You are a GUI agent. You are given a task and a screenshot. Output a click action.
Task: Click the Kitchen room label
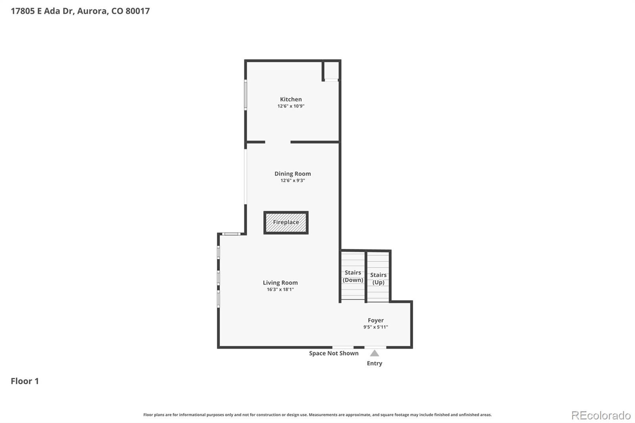tap(291, 99)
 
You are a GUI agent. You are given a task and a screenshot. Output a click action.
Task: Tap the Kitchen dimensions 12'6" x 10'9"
tap(291, 106)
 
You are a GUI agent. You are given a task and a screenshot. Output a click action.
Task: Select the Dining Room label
tap(292, 173)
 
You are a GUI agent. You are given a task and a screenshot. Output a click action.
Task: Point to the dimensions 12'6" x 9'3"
tap(292, 180)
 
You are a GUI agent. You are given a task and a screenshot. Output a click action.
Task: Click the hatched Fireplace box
tap(286, 223)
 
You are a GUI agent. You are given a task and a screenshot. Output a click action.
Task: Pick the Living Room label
tap(280, 283)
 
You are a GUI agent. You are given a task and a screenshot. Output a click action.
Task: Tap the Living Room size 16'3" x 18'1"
tap(280, 289)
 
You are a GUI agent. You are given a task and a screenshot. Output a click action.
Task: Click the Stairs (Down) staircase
tap(353, 275)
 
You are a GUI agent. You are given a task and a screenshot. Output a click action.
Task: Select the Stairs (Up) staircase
tap(378, 277)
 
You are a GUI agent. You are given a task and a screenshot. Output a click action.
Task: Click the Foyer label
tap(375, 320)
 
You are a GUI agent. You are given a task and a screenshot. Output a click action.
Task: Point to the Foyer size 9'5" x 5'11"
tap(375, 327)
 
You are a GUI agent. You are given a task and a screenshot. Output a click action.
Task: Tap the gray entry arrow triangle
tap(375, 353)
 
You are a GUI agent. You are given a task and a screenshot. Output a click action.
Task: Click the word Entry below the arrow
tap(375, 363)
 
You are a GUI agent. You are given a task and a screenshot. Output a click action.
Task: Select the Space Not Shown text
tap(334, 353)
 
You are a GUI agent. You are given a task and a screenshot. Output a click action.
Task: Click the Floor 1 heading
tap(25, 381)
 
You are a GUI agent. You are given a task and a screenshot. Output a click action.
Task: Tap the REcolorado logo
tap(601, 415)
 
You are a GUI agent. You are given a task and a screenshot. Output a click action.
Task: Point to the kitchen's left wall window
tap(246, 95)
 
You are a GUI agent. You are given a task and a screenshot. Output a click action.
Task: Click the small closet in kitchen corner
tap(331, 71)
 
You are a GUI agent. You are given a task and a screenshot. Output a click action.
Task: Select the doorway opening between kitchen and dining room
tap(278, 142)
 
